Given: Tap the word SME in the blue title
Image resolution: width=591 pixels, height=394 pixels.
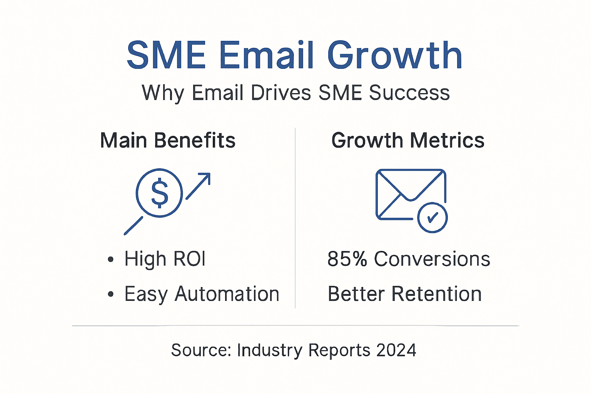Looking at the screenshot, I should [x=166, y=56].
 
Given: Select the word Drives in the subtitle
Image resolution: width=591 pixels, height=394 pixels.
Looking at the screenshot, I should [x=280, y=93].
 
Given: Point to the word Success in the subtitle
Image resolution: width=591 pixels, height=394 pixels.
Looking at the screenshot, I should [x=409, y=93].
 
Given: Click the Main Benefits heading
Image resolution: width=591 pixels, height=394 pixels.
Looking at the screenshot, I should [x=168, y=140].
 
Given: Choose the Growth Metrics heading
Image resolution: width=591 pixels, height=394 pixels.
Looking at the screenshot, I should [x=408, y=140].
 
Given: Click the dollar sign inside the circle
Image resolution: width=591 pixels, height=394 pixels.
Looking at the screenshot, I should [x=159, y=193].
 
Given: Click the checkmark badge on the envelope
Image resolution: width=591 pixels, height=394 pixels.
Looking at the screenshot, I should [x=432, y=218].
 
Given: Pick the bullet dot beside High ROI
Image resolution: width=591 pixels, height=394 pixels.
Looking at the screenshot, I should [x=111, y=259].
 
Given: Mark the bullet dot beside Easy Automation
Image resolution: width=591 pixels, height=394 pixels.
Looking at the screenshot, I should [x=111, y=294].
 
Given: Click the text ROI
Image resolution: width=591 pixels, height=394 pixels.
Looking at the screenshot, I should [x=189, y=259].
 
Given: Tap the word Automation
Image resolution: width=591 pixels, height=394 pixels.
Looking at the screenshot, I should [x=227, y=294].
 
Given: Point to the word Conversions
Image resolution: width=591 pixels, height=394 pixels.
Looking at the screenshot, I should [x=432, y=259].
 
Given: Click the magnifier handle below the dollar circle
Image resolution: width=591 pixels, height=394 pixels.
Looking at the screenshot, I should [x=134, y=226].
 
